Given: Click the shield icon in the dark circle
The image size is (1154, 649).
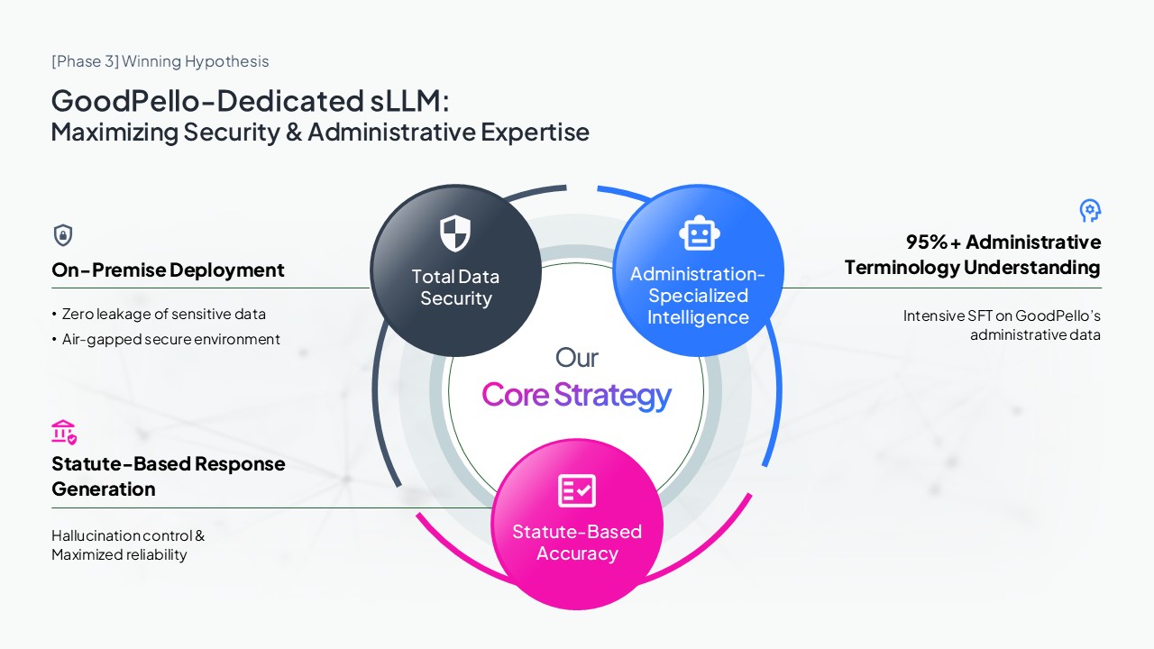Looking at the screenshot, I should point(455,233).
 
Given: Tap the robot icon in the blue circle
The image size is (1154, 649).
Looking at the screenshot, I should point(699,233).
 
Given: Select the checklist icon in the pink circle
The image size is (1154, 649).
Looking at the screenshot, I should point(577,491).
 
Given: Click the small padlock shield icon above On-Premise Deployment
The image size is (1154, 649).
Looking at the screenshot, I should point(63,235).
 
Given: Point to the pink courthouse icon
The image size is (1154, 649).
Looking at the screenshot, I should point(64,432).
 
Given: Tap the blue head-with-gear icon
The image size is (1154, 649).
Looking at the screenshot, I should point(1090,211).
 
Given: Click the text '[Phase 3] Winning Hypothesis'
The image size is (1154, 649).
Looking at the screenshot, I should point(160,61).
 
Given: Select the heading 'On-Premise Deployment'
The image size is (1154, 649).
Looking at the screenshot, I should point(168,270).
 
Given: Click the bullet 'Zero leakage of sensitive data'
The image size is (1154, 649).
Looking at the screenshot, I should point(163,314).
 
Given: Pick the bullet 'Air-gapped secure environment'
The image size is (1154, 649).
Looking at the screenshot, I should point(170,339).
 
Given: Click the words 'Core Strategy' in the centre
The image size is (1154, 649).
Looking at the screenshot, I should point(577,395).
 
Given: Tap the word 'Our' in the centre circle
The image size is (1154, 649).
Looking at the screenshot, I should point(577,358).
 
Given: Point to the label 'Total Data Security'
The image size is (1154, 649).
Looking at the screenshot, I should point(455,288).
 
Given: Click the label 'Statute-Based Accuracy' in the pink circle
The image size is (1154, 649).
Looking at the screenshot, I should point(577,543).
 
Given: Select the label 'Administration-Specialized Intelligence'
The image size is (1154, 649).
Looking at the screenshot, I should point(698,296).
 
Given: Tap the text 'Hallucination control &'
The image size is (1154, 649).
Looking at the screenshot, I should point(128,535).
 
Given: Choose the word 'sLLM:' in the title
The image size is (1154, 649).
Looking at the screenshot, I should point(409,100).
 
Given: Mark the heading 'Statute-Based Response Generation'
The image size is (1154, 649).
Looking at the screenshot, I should point(168,476).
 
